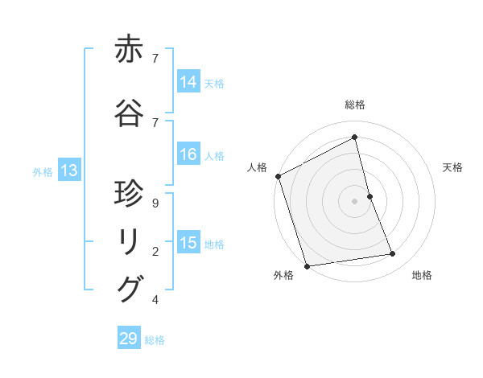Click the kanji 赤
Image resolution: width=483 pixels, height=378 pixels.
[130, 51]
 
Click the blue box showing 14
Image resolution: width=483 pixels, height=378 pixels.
[188, 81]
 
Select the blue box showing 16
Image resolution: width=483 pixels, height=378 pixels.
[188, 155]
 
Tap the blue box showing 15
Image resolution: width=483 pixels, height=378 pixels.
[188, 243]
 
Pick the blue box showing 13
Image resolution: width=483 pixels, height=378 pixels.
[68, 171]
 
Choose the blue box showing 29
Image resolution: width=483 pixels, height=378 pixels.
[129, 339]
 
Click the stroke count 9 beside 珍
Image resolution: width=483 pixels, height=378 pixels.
[155, 203]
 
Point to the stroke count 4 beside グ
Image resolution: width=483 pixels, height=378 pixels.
[155, 300]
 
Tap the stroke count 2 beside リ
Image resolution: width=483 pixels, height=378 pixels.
[155, 252]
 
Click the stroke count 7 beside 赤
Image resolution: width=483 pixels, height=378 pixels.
[155, 58]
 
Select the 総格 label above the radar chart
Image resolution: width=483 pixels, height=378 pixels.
[354, 105]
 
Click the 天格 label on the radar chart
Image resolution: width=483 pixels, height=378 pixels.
[452, 167]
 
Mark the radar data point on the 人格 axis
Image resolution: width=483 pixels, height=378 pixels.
[278, 176]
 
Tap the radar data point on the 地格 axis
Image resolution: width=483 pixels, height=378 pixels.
[393, 254]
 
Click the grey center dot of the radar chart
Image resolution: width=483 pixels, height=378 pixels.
[354, 201]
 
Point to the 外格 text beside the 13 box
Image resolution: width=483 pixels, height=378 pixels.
[42, 171]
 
